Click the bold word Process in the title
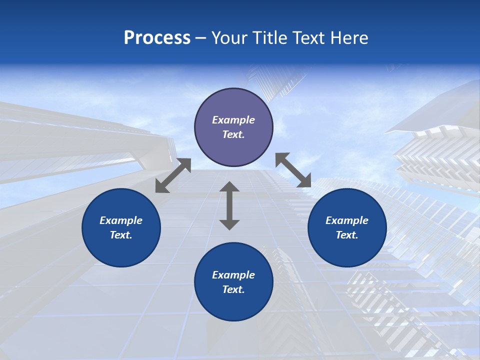pos(157,38)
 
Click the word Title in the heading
pos(268,38)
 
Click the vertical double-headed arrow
pos(229,205)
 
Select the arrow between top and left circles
pos(173,175)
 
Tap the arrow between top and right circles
pos(293,170)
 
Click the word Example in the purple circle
pos(233,120)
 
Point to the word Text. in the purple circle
pos(233,134)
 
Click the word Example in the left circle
pos(121,220)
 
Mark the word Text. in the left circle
pos(121,235)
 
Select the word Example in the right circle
pos(347,220)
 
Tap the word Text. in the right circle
pos(347,235)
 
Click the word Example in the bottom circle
pos(233,275)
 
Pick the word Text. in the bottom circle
pos(233,289)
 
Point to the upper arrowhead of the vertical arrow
pos(229,187)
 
